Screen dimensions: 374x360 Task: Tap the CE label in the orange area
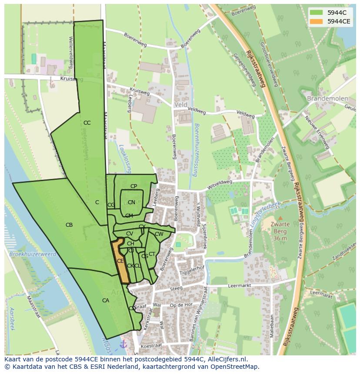point(120,261)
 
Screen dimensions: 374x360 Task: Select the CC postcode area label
point(87,123)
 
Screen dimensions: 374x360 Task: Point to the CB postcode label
point(69,225)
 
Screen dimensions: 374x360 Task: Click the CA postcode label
point(106,301)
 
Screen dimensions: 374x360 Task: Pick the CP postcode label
point(133,186)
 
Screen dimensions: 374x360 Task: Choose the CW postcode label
point(159,234)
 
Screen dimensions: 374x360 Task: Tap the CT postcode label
point(152,254)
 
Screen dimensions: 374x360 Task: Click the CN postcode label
point(131,202)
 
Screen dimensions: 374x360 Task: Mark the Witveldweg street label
point(220,185)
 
